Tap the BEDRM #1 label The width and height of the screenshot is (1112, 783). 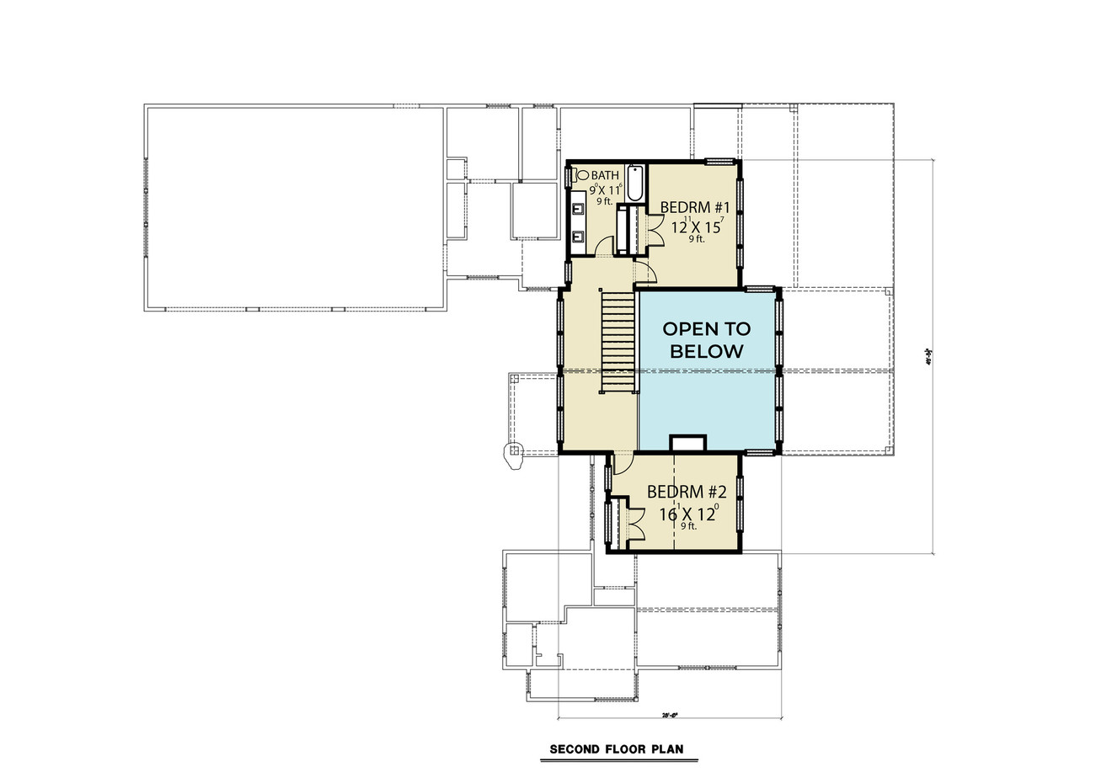(x=693, y=207)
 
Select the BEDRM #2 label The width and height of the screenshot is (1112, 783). (x=686, y=493)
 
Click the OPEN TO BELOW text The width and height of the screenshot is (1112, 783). (x=706, y=339)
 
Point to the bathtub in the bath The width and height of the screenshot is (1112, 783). (x=634, y=181)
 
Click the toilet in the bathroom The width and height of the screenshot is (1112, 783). (x=573, y=177)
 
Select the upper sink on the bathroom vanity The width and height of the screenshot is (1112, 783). (x=578, y=208)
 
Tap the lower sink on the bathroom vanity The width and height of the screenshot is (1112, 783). (x=578, y=237)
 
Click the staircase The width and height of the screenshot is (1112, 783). (x=617, y=341)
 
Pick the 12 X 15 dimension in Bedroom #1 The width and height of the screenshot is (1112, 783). (x=696, y=226)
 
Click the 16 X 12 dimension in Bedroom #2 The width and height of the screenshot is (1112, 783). (x=686, y=513)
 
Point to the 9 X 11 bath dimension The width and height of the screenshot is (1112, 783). (x=604, y=189)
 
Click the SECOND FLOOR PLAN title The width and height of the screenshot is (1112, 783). (x=616, y=748)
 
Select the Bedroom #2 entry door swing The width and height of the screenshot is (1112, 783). (x=623, y=462)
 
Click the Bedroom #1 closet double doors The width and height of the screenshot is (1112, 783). (x=655, y=228)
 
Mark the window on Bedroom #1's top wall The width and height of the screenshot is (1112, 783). (x=720, y=162)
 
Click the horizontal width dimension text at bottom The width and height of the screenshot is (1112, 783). (x=669, y=715)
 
